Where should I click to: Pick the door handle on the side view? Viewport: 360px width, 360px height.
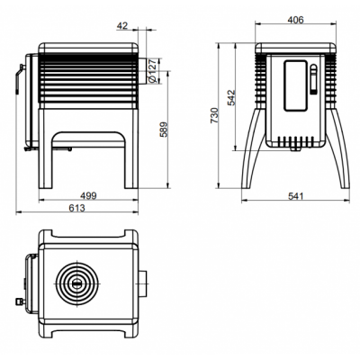[x=18, y=80]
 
